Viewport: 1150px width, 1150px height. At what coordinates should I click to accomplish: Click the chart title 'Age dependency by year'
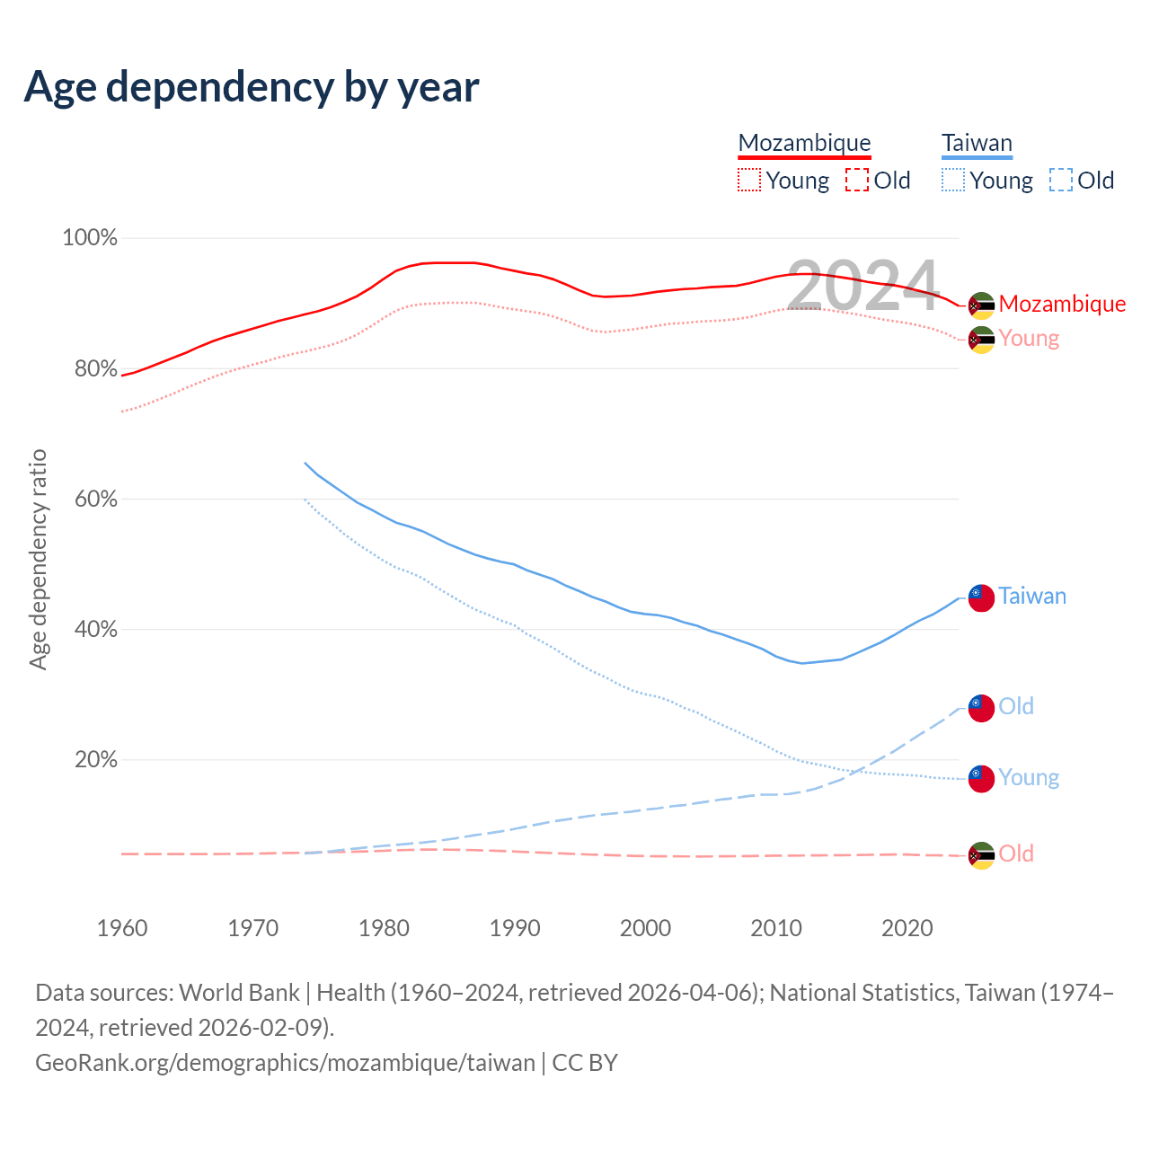[252, 86]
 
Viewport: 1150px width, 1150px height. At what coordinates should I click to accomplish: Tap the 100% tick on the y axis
[90, 238]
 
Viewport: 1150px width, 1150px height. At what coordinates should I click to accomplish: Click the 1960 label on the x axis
[122, 928]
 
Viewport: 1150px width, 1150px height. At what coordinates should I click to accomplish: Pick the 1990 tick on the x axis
[515, 928]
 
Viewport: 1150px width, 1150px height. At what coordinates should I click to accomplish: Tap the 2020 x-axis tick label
[907, 928]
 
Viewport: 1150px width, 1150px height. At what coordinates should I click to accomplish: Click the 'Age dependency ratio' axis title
[38, 560]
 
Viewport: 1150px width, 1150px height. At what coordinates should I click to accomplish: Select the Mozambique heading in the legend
[804, 143]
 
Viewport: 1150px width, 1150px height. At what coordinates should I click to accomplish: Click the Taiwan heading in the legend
[977, 143]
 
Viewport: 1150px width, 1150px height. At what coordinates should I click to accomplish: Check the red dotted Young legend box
[748, 181]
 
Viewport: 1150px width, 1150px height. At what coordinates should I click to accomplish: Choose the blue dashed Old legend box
[1061, 181]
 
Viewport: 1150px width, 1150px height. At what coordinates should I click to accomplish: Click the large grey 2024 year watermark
[863, 287]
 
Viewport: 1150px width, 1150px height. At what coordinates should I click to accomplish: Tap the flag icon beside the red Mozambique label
[981, 305]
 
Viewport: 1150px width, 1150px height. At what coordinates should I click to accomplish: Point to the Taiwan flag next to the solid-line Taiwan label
[981, 597]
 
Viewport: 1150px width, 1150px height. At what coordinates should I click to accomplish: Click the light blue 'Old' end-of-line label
[1016, 706]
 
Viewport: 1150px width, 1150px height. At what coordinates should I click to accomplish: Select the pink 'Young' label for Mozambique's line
[1029, 338]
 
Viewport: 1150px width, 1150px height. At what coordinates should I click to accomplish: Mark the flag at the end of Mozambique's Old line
[981, 855]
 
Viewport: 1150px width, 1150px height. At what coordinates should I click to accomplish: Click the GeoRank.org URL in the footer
[285, 1063]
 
